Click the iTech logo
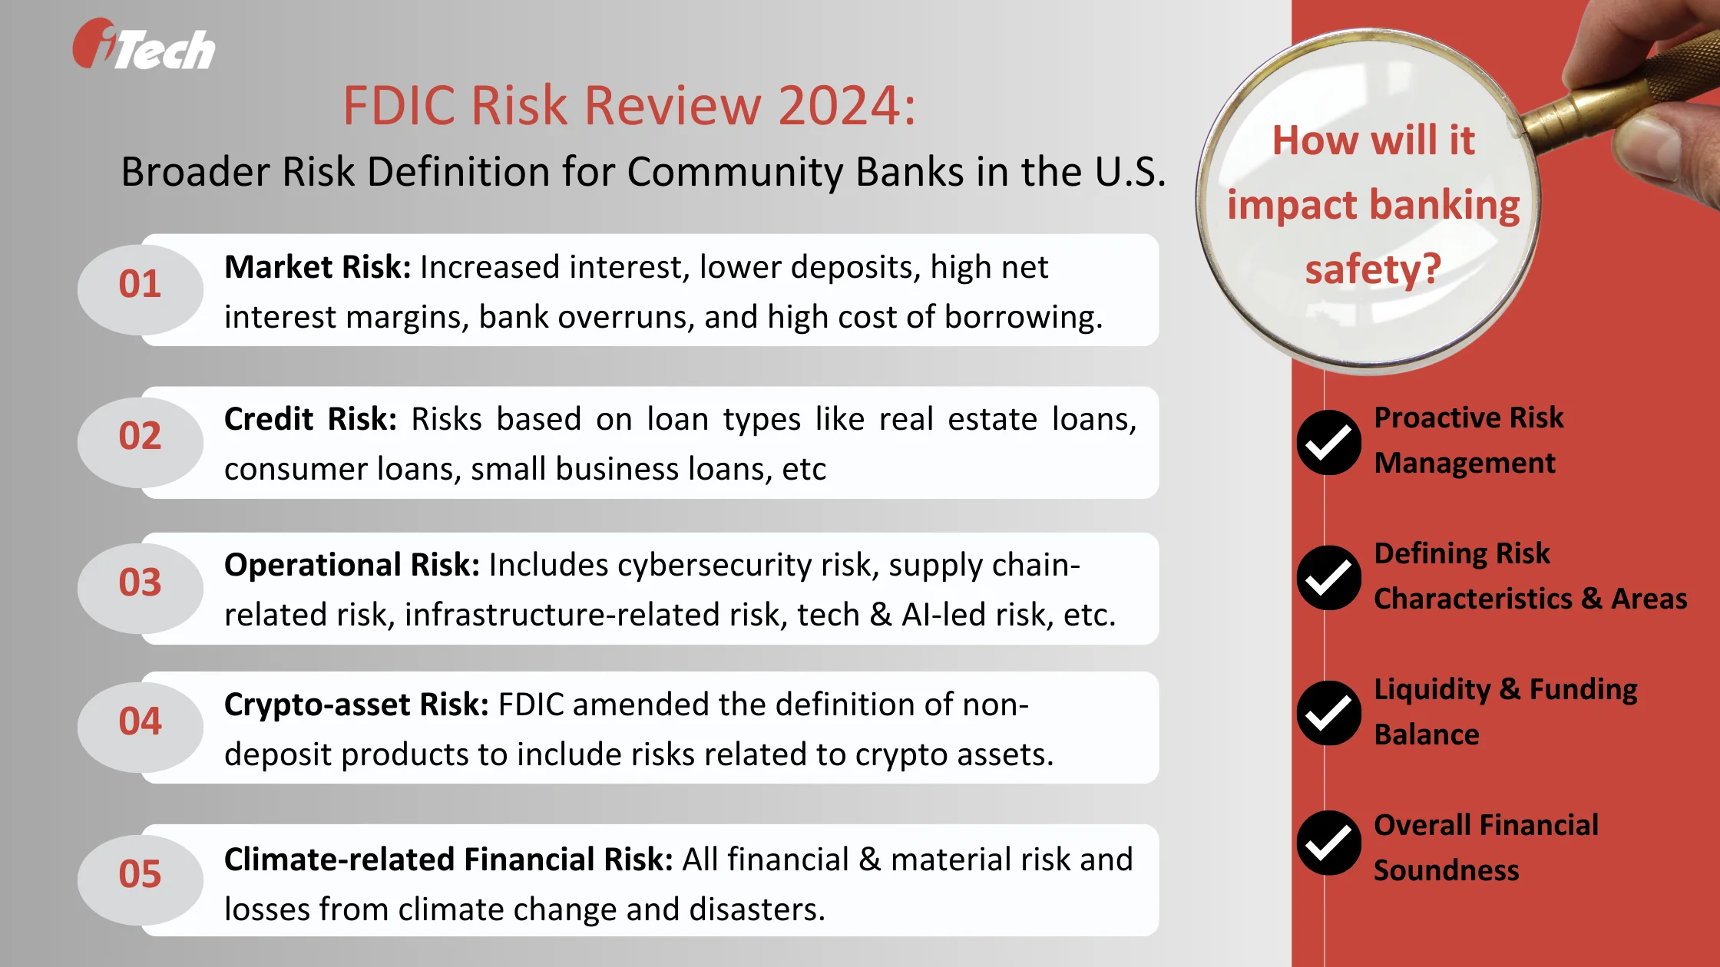[144, 46]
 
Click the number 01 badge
[140, 285]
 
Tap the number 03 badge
[140, 583]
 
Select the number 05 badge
[140, 874]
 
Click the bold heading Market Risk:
[317, 268]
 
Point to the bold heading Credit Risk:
[310, 420]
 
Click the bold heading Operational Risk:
[352, 566]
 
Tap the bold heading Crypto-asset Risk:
[356, 705]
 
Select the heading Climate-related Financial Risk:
[448, 860]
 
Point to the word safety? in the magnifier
[1373, 270]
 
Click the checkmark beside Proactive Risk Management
[1328, 443]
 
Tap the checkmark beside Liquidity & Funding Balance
[1328, 713]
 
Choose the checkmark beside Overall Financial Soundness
[1328, 843]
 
